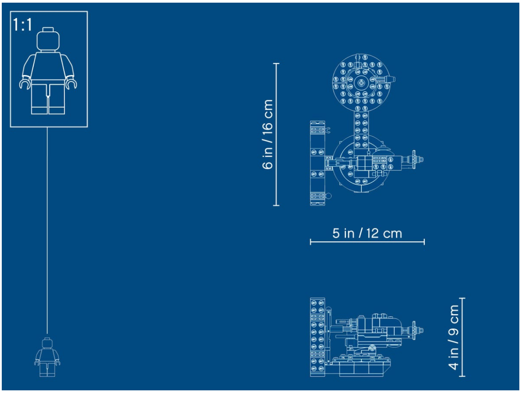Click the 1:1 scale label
[22, 25]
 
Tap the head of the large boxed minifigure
[48, 39]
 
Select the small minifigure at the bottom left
[47, 357]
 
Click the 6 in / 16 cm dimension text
[268, 134]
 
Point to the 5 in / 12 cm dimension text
[367, 233]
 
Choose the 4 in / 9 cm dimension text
[453, 338]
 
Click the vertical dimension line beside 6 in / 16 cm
[276, 134]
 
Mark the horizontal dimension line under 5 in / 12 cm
[367, 242]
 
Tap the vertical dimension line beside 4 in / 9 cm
[462, 338]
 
